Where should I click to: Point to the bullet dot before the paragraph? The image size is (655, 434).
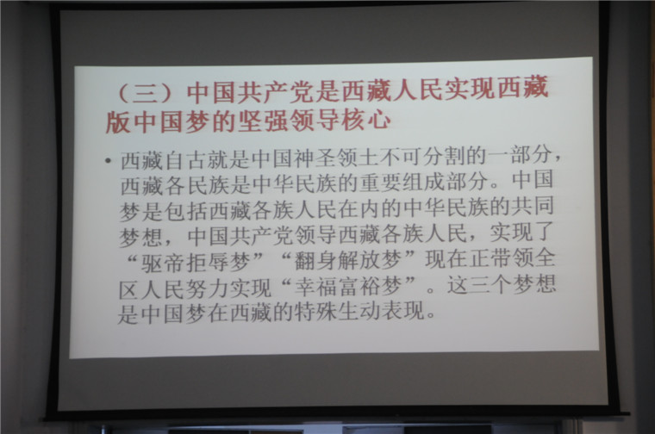click(x=109, y=161)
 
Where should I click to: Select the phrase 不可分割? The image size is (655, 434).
click(x=422, y=157)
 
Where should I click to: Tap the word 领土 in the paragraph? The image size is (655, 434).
click(x=358, y=158)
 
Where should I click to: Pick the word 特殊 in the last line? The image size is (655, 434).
click(x=315, y=312)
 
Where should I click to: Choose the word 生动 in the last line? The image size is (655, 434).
click(x=359, y=312)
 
